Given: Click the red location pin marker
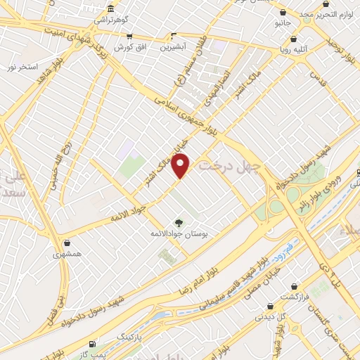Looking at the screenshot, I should pyautogui.click(x=181, y=166).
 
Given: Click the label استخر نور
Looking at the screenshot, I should pyautogui.click(x=21, y=67).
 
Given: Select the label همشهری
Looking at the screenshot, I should pyautogui.click(x=67, y=252).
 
